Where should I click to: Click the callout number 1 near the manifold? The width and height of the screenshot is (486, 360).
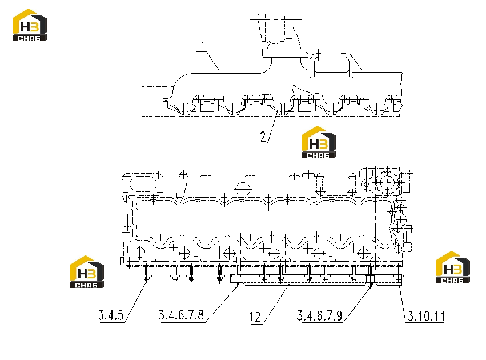(203, 46)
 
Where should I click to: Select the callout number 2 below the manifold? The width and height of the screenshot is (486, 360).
(263, 137)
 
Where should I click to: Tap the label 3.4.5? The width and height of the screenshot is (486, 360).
(111, 315)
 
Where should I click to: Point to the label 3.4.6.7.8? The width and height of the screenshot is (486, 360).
(181, 315)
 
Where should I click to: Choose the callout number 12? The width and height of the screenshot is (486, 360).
(255, 317)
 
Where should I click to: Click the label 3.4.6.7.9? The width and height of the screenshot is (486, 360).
(320, 315)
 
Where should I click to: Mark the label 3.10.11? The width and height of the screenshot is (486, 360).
(426, 316)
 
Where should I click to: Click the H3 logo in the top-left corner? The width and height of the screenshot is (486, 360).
(30, 25)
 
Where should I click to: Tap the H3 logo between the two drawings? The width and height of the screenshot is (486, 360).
(319, 142)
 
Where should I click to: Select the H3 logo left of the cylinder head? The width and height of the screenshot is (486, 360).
(87, 271)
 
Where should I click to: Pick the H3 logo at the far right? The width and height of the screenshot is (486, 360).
(453, 267)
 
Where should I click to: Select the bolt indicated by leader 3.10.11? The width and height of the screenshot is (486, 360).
(399, 274)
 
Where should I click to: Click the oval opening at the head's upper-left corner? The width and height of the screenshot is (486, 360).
(143, 184)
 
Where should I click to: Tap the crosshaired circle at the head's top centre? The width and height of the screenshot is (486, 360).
(243, 188)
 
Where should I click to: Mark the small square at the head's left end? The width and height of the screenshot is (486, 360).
(126, 237)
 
